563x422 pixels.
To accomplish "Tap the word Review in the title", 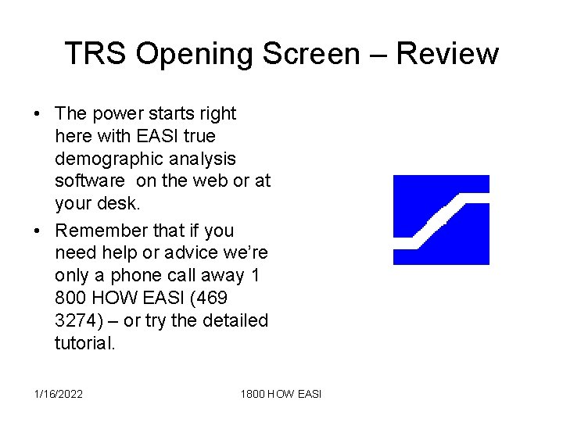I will pos(446,54).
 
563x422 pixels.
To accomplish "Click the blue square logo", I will pos(440,220).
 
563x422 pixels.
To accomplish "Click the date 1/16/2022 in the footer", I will pos(59,394).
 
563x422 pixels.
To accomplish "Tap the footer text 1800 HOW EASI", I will pos(281,394).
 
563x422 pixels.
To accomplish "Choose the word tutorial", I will pos(84,343).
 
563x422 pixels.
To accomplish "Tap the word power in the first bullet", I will pos(117,114).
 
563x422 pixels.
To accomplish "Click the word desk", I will pos(124,204).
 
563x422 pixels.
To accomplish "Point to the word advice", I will pos(178,253).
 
